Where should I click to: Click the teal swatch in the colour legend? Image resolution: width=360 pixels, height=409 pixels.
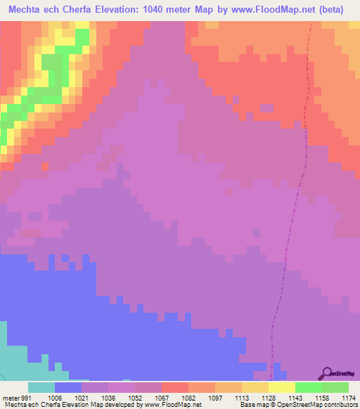(x=41, y=387)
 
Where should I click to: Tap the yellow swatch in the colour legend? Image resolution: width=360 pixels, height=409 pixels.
(x=281, y=387)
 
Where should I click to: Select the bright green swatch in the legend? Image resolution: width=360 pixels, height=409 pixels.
(x=308, y=387)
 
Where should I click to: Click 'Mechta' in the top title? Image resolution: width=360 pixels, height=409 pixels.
(x=26, y=10)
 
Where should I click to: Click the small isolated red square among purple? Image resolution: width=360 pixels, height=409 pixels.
(x=45, y=167)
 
